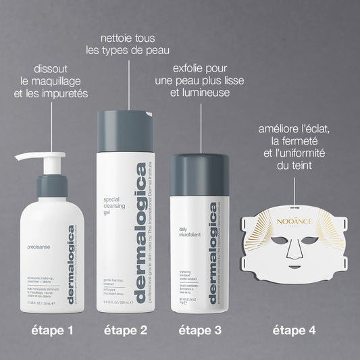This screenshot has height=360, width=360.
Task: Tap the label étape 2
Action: [x=126, y=331]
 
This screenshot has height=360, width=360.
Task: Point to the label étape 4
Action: [x=294, y=331]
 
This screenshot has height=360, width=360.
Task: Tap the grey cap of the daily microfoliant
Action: [x=201, y=167]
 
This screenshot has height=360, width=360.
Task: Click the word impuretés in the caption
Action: [x=66, y=93]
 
